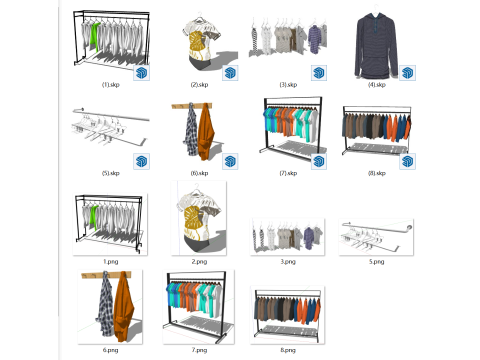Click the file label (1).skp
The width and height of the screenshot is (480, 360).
point(110,86)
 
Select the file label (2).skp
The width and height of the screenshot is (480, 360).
point(200,86)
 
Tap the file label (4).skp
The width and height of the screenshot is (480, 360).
point(376,86)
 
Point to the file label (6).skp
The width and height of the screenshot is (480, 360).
point(200,172)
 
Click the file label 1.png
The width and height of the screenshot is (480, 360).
point(110,261)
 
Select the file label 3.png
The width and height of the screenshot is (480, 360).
point(288,261)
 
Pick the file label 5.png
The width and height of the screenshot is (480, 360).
point(376,261)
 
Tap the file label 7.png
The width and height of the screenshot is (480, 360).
point(200,349)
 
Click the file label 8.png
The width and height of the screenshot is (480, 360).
point(288,349)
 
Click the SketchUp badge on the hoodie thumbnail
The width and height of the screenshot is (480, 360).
point(408,71)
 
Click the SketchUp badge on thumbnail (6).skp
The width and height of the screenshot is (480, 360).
point(230,158)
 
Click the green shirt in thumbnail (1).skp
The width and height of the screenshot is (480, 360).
point(94,38)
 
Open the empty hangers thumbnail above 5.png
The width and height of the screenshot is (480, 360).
point(374,236)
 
